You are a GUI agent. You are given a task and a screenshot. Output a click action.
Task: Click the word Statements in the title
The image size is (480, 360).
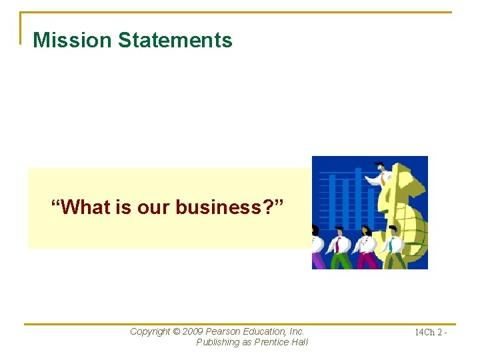(x=175, y=40)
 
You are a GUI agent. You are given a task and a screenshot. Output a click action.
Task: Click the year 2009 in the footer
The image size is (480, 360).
(x=193, y=331)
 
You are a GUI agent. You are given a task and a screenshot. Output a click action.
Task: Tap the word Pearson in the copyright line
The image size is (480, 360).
(x=224, y=331)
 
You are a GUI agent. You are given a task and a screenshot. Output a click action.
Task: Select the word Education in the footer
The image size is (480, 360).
(x=265, y=331)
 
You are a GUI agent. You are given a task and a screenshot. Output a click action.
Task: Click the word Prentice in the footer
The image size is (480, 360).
(x=273, y=343)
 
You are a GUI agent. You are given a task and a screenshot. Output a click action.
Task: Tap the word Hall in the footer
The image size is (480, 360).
(x=300, y=343)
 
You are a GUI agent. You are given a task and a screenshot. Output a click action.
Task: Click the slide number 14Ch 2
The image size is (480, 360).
(x=430, y=332)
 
